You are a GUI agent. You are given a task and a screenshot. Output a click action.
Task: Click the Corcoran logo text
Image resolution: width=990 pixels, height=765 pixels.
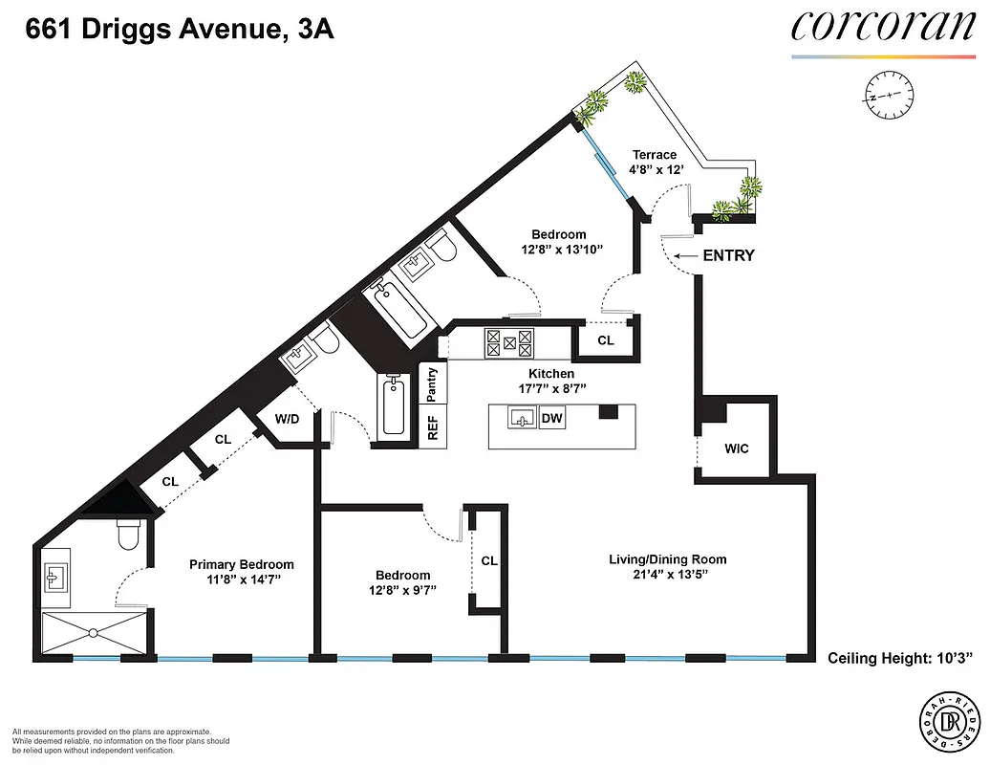882,27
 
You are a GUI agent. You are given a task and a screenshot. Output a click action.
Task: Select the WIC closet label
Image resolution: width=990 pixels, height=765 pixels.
737,448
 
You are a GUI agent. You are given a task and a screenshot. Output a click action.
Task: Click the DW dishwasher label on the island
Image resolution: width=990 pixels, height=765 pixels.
551,418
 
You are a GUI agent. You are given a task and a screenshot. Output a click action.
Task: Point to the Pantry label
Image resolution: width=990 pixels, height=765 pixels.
433,383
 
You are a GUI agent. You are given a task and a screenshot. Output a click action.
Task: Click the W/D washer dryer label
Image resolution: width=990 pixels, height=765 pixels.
288,418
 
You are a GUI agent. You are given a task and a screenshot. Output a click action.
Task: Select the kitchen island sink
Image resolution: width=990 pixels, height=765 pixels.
522,418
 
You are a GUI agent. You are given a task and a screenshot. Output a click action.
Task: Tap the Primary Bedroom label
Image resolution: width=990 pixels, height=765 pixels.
241,564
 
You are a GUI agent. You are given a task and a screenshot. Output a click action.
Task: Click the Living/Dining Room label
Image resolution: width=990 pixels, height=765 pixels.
668,559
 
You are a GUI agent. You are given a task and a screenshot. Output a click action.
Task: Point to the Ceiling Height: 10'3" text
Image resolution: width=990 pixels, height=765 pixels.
899,658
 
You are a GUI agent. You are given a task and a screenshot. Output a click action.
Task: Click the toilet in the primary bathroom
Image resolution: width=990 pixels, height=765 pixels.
128,537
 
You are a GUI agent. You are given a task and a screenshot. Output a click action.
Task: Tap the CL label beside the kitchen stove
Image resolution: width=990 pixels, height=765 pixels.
605,339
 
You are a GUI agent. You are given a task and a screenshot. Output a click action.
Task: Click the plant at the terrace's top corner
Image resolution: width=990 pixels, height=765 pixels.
634,83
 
